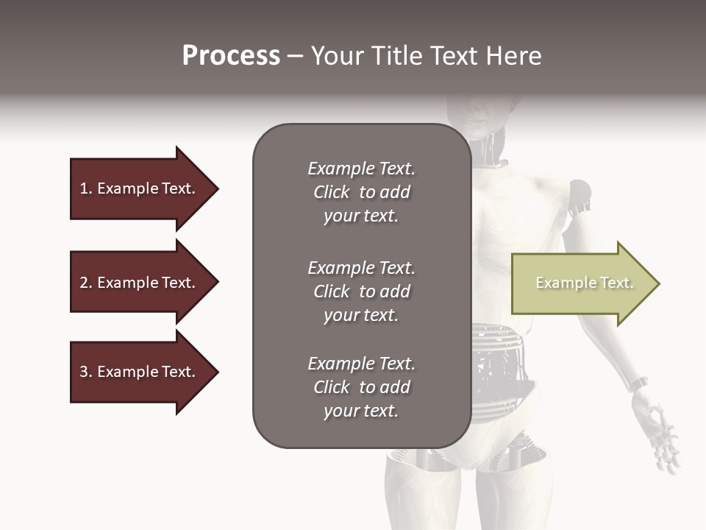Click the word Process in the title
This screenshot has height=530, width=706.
[231, 56]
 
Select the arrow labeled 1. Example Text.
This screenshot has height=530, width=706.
[140, 188]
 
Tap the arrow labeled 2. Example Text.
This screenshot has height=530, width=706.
[140, 283]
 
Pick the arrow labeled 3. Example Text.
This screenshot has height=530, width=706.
[140, 372]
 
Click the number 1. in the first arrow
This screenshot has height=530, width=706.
[86, 188]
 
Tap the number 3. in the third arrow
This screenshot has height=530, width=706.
[86, 372]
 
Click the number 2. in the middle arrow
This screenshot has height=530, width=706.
[86, 283]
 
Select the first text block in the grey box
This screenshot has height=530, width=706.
[361, 192]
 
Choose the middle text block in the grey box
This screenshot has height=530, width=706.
[361, 291]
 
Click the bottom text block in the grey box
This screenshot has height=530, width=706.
[361, 387]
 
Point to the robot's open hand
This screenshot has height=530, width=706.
[662, 434]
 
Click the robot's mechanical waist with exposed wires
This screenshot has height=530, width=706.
[507, 361]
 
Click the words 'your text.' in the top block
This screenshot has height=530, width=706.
[361, 216]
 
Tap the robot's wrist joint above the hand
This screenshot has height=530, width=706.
[637, 384]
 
